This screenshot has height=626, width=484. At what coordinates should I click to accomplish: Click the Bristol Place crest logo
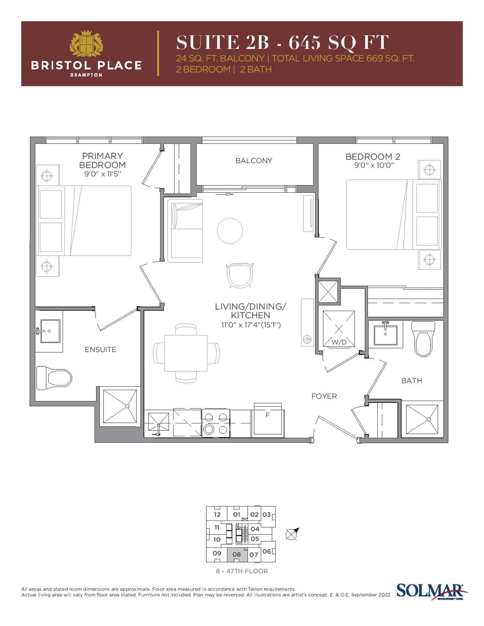pos(87,44)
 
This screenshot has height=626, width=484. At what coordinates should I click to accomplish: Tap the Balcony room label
pos(254,160)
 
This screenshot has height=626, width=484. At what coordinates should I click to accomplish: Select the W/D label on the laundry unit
pos(339,342)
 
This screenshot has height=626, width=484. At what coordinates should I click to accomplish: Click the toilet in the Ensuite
pos(54,377)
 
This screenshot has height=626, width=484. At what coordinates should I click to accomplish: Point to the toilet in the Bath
pos(423,339)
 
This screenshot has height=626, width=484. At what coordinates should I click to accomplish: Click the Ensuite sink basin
pos(50,331)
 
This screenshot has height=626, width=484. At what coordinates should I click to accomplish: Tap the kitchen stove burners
pos(216,423)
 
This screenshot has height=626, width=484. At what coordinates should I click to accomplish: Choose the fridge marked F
pos(268,420)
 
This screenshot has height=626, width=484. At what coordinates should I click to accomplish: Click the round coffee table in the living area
pos(230,230)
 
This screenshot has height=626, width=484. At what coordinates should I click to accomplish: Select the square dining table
pos(186,353)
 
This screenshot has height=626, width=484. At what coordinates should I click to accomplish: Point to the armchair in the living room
pos(240,275)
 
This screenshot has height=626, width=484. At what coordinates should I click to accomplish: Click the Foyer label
pos(324,396)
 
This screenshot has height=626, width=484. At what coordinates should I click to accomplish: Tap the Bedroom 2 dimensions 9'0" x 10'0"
pos(374,165)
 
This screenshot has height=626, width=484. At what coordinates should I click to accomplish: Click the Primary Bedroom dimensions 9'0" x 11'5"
pos(102,174)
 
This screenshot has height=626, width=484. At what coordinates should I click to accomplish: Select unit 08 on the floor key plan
pos(237,554)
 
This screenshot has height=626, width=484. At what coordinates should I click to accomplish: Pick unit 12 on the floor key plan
pos(217,514)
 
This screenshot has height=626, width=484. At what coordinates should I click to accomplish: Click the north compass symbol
pos(292,533)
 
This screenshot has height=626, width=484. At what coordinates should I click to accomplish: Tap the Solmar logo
pos(432,591)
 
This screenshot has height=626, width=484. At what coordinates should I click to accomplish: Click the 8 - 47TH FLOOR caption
pos(242,571)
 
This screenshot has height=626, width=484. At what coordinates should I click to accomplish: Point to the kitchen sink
pos(158,423)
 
